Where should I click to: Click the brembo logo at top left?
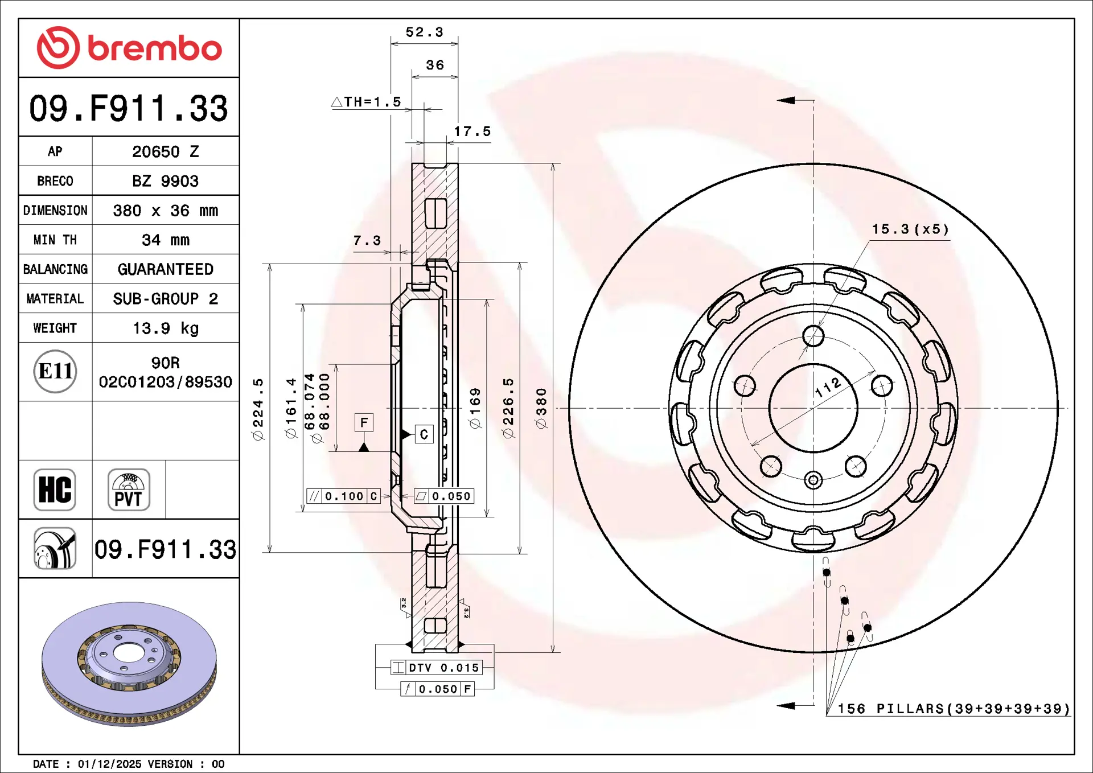[x=129, y=48]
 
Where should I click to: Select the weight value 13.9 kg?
[x=166, y=328]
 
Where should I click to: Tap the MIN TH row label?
[x=55, y=240]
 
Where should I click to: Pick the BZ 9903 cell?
[x=166, y=181]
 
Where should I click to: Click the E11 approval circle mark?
[x=55, y=371]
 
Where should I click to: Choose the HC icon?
[x=55, y=490]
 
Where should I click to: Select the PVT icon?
[x=129, y=490]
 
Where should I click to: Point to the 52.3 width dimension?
[x=424, y=32]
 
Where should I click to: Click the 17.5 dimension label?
[x=472, y=131]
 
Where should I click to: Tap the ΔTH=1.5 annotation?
[x=366, y=102]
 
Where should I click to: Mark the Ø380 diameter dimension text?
[x=541, y=408]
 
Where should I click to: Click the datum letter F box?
[x=364, y=422]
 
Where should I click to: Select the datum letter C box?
[x=424, y=434]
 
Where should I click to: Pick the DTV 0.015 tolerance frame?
[x=437, y=668]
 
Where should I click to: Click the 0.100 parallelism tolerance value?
[x=344, y=496]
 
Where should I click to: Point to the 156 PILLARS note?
[x=954, y=709]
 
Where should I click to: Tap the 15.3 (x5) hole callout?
[x=910, y=229]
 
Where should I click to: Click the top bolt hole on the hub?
[x=813, y=336]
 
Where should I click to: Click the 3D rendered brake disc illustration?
[x=129, y=664]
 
